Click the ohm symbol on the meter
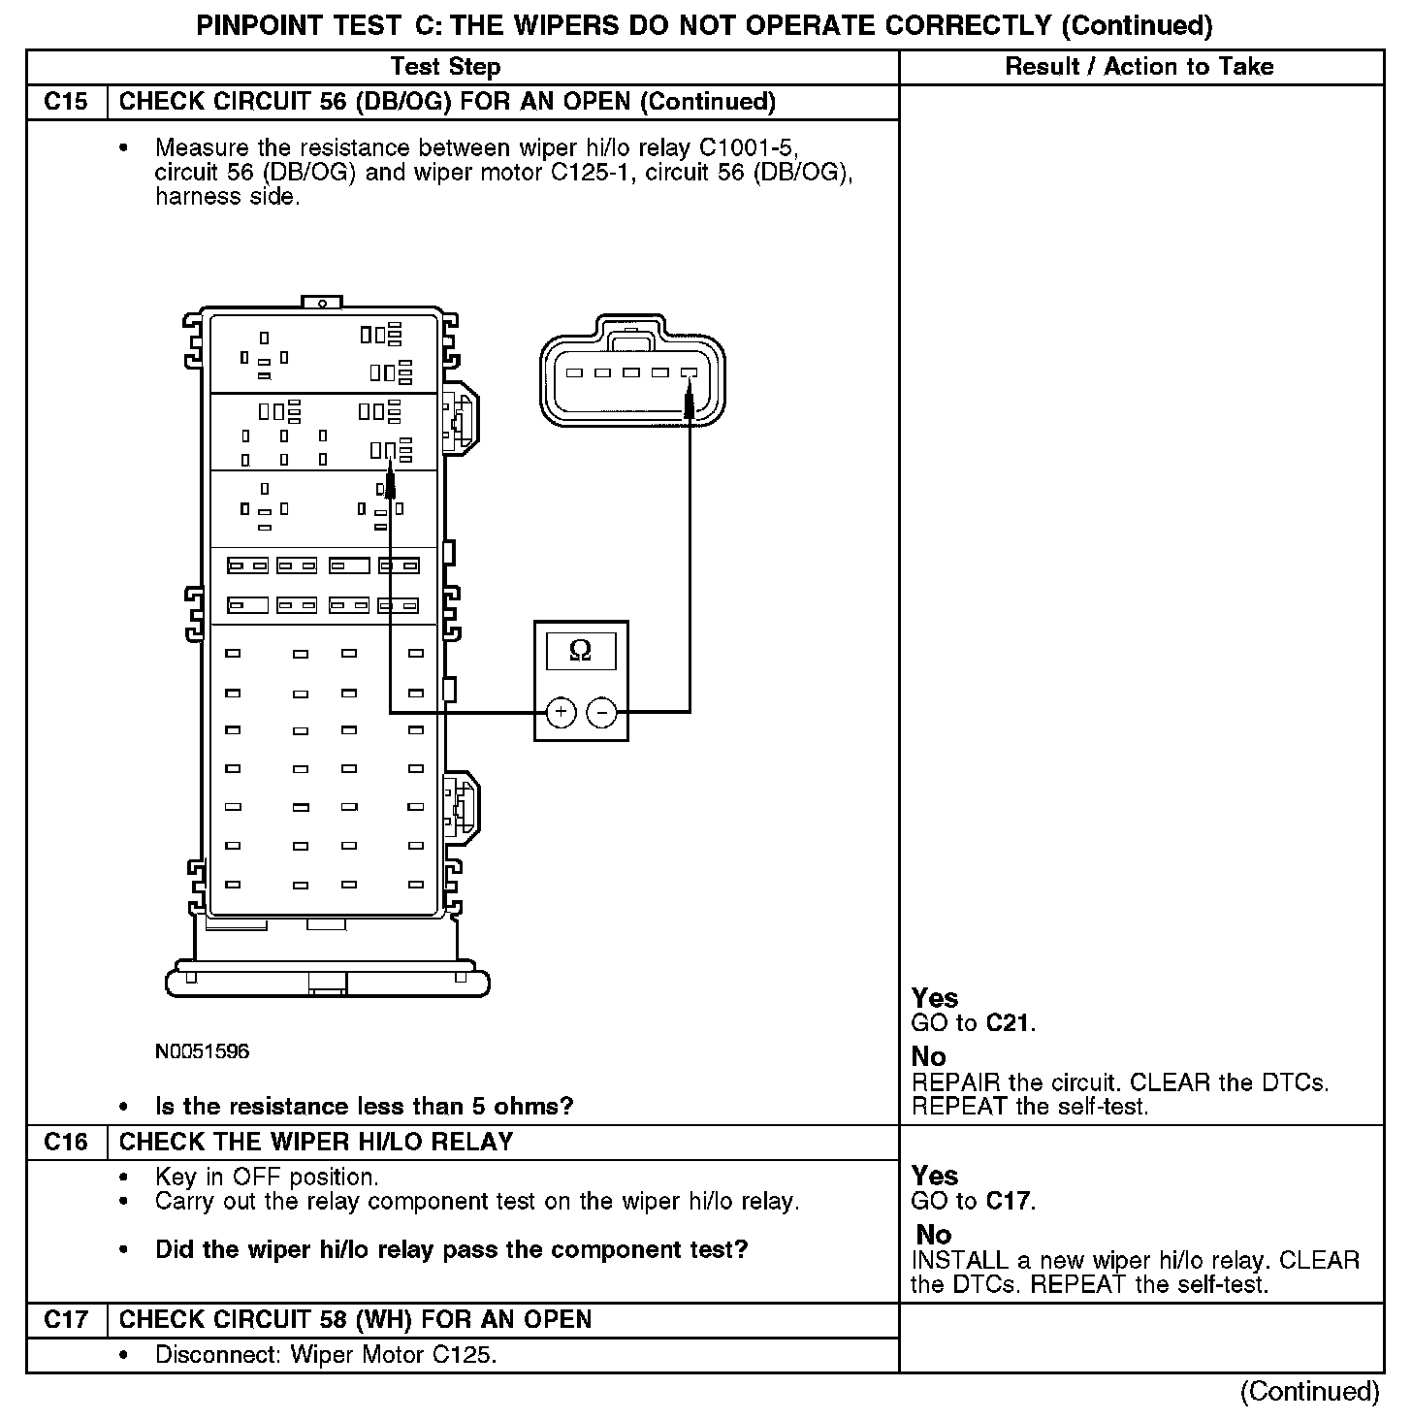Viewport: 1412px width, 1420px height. tap(580, 650)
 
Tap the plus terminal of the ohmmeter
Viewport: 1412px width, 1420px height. tap(561, 713)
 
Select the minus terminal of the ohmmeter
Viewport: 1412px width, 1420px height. tap(602, 713)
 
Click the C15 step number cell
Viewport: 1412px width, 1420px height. tap(66, 102)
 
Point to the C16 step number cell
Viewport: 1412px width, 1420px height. tap(66, 1142)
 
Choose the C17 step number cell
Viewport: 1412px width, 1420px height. tap(66, 1319)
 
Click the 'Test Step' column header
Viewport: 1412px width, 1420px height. tap(445, 67)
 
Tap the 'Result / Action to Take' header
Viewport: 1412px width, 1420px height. tap(1139, 67)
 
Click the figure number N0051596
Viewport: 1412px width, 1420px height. tap(202, 1051)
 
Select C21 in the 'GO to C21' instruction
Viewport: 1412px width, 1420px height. tap(1010, 1022)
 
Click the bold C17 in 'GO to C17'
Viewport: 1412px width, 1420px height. tap(1010, 1201)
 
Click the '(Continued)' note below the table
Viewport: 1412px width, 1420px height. tap(1309, 1391)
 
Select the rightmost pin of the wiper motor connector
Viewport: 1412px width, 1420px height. tap(690, 372)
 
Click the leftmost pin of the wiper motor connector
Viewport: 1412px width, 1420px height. tap(574, 372)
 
